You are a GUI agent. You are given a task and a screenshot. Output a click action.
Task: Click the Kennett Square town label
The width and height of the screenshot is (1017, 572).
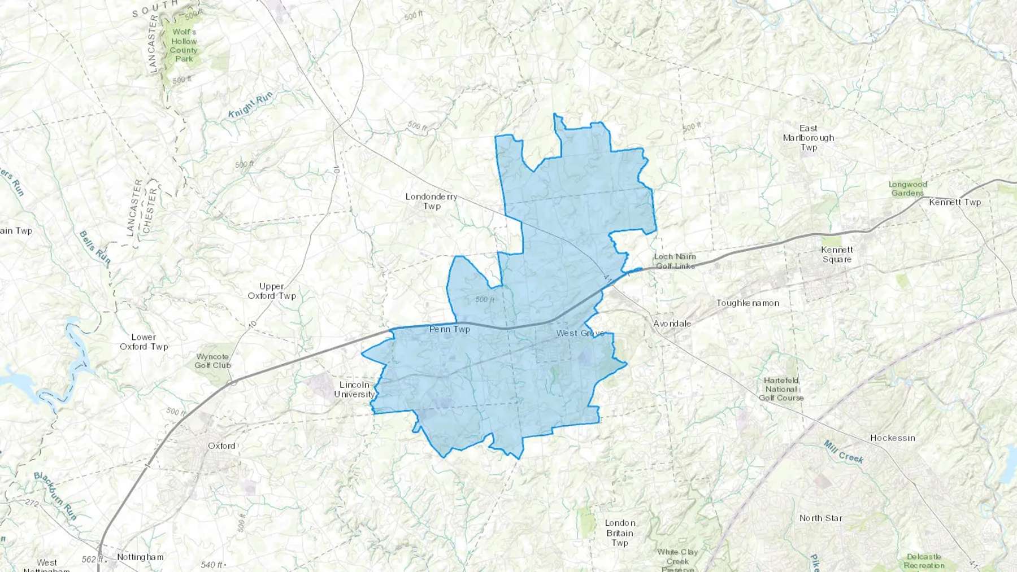click(x=837, y=255)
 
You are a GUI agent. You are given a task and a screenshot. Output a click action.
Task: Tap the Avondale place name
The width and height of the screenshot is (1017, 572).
click(x=672, y=324)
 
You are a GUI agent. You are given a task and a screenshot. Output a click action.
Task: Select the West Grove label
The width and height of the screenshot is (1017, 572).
click(x=580, y=333)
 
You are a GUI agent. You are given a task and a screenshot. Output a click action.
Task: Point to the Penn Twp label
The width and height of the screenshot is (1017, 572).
click(x=450, y=329)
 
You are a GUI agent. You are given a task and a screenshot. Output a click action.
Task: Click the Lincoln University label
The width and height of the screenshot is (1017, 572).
click(x=354, y=390)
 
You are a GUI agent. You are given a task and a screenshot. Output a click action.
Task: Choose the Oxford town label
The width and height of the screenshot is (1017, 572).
click(x=221, y=446)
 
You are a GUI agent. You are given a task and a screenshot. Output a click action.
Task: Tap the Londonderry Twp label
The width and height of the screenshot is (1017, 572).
click(x=432, y=202)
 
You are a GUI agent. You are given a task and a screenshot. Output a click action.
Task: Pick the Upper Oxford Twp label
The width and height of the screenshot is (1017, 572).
click(x=272, y=291)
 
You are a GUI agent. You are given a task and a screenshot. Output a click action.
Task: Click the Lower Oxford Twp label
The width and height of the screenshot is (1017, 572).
click(x=144, y=342)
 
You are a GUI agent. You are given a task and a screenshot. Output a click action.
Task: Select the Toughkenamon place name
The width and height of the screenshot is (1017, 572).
click(x=747, y=303)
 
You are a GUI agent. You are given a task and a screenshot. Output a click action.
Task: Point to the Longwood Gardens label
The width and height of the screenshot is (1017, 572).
click(x=907, y=189)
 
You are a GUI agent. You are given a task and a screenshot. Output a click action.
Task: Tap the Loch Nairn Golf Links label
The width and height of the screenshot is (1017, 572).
click(x=675, y=261)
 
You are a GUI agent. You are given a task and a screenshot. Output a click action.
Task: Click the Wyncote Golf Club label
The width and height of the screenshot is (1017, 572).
click(x=212, y=361)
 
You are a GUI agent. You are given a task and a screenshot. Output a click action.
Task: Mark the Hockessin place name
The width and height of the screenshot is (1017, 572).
click(x=892, y=438)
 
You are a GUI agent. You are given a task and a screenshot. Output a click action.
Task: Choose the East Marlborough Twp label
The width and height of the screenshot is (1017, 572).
click(x=809, y=138)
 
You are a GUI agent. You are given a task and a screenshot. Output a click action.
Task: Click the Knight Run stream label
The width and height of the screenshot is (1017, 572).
click(x=251, y=104)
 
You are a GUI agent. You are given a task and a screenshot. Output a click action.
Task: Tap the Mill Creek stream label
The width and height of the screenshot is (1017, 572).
click(x=844, y=452)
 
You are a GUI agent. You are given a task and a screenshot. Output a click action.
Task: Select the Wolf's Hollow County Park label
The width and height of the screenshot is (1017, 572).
click(x=184, y=45)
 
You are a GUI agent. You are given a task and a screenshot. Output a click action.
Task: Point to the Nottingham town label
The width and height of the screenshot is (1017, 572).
click(x=140, y=557)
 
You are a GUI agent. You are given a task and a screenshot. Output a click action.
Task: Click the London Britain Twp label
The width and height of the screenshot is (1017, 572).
click(x=620, y=533)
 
